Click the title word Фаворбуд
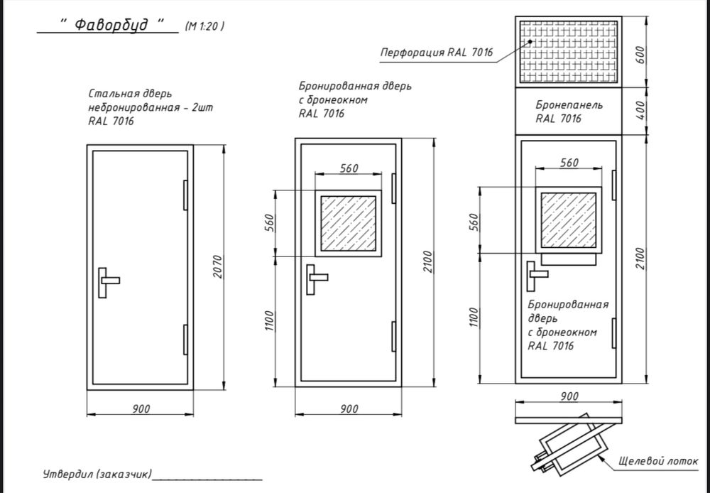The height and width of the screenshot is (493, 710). point(111,24)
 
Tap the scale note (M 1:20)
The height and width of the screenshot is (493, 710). point(204,26)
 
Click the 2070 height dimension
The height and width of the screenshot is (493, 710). point(218,266)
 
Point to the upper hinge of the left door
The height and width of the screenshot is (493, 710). point(185,195)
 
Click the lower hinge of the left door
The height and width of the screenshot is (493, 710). point(185,340)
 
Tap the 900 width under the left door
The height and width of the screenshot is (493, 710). point(141,408)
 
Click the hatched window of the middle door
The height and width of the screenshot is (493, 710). point(348,223)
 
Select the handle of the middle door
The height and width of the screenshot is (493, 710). point(317,280)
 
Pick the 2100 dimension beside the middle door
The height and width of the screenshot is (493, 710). point(428,261)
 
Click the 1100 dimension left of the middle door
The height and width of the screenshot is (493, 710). point(269,321)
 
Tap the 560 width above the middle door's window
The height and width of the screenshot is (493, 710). point(349,168)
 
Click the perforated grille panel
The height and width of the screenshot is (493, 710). point(568,52)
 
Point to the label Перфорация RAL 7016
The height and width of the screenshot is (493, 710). point(437,52)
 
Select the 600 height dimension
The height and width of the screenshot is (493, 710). point(640,55)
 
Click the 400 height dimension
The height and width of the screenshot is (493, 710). point(640,111)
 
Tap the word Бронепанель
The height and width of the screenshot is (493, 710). point(569,104)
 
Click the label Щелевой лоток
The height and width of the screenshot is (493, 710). point(658,461)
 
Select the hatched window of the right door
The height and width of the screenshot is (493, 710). point(569,220)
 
